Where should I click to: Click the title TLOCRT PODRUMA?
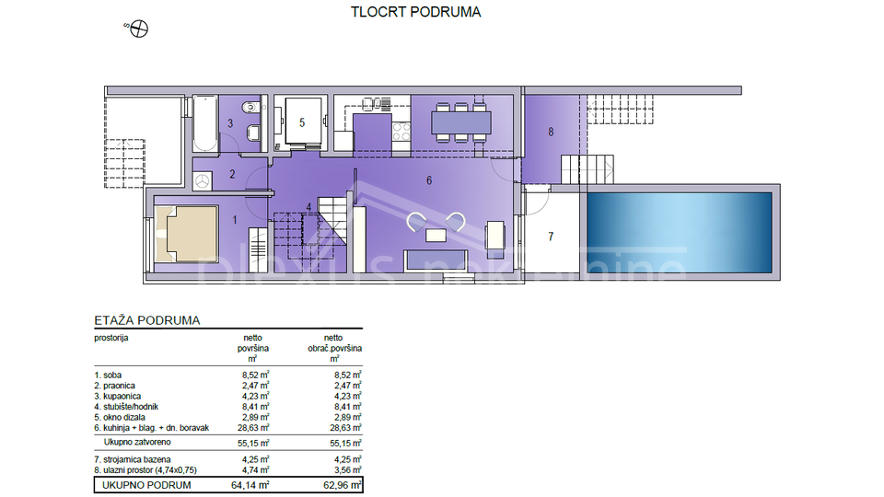click(415, 12)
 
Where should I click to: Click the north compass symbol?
click(139, 29)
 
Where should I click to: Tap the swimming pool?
click(680, 233)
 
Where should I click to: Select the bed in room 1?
click(186, 234)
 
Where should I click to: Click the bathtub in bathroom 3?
click(205, 123)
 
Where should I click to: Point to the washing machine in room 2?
click(202, 181)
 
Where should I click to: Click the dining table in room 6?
click(461, 122)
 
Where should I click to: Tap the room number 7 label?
click(551, 237)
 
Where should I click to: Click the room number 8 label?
click(551, 132)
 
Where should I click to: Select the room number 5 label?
click(302, 122)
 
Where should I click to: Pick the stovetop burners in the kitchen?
click(401, 132)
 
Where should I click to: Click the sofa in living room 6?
click(436, 260)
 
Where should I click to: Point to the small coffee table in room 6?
click(436, 235)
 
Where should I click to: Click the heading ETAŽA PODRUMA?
click(147, 320)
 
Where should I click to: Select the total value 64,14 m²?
click(250, 485)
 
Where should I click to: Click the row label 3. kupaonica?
click(117, 396)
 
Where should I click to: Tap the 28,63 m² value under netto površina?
click(253, 428)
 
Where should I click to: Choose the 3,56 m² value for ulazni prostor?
click(347, 469)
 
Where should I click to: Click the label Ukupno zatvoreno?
click(137, 443)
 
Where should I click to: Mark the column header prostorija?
click(111, 338)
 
